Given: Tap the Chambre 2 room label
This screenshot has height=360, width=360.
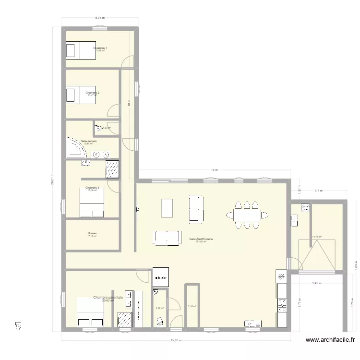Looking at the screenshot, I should pos(92,92).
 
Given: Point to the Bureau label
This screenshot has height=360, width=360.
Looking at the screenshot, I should pos(93,234).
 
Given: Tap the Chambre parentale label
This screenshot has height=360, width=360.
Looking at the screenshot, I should pos(108,298).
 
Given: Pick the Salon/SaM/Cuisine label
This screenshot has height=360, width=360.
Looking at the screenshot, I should pos(201,239).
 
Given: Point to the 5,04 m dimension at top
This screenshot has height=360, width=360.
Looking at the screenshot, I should pos(99,18).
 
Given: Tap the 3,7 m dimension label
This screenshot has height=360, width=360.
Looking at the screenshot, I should pos(318,191).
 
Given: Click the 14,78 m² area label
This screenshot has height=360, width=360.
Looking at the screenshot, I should pos(317,237).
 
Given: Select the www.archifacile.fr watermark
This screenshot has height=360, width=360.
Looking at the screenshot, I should pos(331,340).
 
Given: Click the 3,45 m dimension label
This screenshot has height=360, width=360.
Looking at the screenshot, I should pos(317,283).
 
